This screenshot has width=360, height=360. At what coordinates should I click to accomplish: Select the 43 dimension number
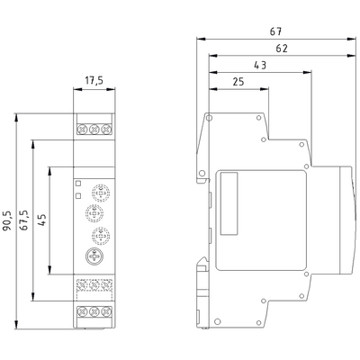click(x=260, y=65)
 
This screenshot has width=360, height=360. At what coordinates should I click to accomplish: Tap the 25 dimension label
click(x=238, y=82)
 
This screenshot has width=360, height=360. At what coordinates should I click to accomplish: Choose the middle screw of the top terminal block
click(x=94, y=128)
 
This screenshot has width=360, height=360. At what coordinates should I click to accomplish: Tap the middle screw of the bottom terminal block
click(x=94, y=312)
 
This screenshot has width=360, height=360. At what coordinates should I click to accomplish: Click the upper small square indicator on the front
click(x=78, y=183)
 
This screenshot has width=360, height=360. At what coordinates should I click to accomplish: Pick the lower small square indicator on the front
click(x=78, y=195)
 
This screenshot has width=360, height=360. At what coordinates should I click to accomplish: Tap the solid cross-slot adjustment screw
click(x=94, y=257)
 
